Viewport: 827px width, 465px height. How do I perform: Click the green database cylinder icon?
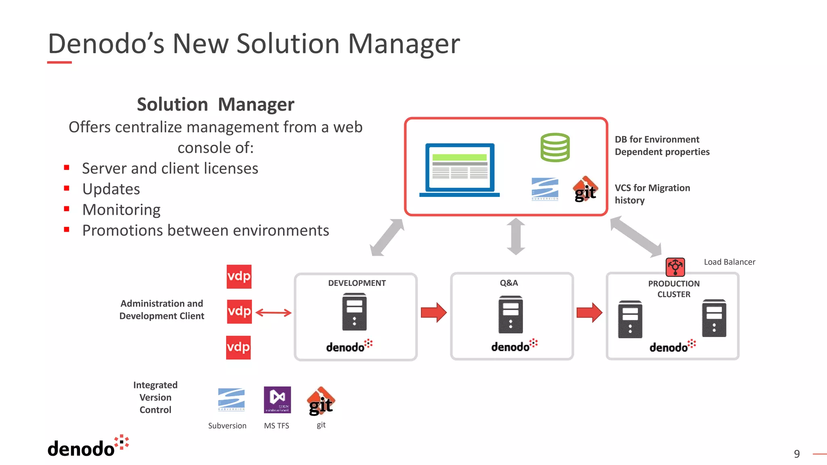[x=555, y=147]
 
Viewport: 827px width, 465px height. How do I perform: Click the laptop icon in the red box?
[x=460, y=170]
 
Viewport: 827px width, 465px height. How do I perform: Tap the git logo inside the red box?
[x=585, y=189]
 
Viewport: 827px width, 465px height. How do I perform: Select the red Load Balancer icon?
[x=675, y=267]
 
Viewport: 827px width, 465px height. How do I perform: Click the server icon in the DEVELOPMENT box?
[x=355, y=313]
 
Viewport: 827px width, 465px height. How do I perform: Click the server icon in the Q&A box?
[x=510, y=314]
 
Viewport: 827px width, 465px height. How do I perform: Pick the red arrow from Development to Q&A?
[x=434, y=312]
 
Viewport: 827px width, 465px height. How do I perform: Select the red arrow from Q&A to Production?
[x=589, y=312]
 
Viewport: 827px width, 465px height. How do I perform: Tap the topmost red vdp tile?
[x=239, y=276]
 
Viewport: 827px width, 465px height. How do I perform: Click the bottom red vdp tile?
[x=238, y=348]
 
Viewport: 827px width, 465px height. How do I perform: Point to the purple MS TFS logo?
[x=277, y=400]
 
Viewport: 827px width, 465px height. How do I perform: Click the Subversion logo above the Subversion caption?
[x=231, y=399]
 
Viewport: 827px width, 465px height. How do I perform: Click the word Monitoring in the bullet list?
[x=121, y=210]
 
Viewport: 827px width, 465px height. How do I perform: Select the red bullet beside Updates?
[x=67, y=188]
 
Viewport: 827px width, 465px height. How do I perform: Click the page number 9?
[x=797, y=454]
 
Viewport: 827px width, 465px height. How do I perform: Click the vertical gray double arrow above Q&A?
[x=516, y=237]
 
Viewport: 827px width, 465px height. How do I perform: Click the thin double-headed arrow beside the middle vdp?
[x=273, y=313]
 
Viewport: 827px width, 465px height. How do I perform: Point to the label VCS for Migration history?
[x=652, y=194]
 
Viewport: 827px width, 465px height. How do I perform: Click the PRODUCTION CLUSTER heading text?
[x=674, y=289]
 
